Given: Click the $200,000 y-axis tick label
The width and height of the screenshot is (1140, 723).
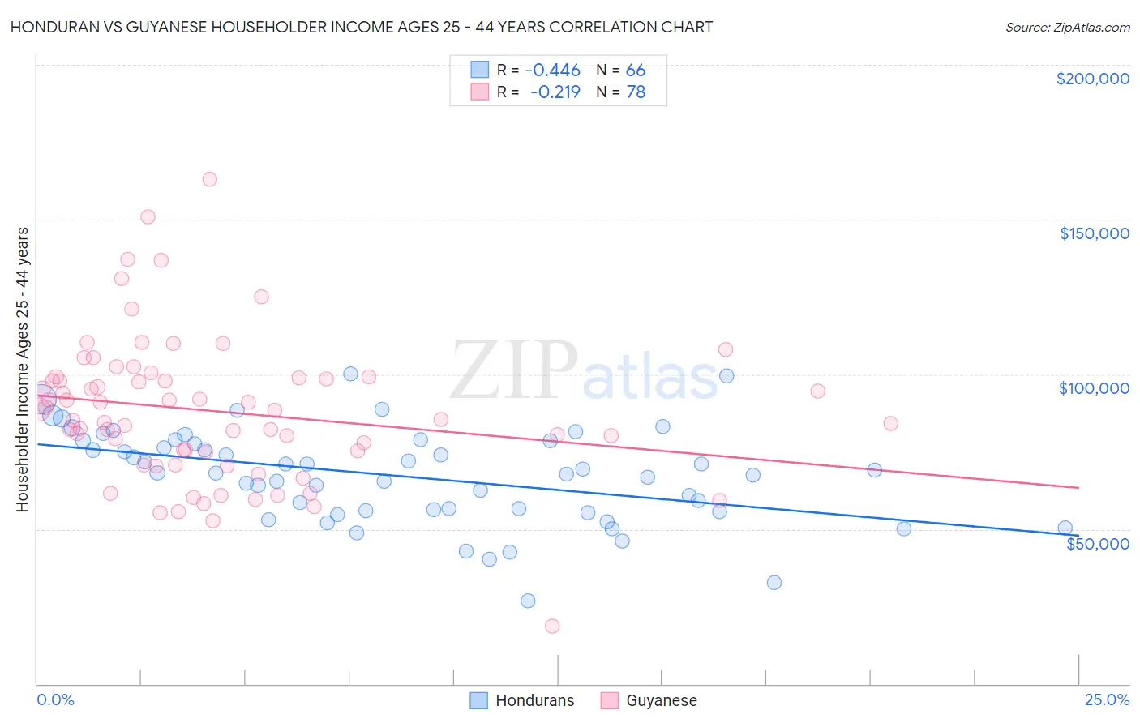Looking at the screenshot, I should [x=1092, y=79].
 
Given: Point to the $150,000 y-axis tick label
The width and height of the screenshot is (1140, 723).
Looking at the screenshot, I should [x=1094, y=233].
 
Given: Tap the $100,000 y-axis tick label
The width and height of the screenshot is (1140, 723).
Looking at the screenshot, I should [x=1094, y=388].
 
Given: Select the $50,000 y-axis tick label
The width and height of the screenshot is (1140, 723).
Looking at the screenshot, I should [x=1097, y=543].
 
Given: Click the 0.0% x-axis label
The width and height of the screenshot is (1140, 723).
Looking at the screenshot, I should [x=56, y=699].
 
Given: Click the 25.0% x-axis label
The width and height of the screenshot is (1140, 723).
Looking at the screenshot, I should [x=1107, y=699].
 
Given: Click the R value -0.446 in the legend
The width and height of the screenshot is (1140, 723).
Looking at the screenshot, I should [x=553, y=71].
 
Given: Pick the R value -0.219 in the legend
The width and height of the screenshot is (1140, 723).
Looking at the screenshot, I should [x=555, y=92].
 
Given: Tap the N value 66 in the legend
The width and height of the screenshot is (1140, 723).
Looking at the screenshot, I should [x=636, y=71].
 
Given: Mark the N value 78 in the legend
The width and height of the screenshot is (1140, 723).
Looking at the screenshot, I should [x=636, y=92].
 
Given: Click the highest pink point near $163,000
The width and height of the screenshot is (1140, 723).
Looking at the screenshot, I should [x=209, y=179].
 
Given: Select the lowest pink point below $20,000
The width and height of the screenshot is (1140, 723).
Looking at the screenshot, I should [x=552, y=626].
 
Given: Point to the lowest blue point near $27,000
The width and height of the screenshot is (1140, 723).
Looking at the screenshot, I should [x=528, y=601].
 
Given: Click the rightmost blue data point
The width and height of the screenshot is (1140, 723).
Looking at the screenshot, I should [x=1065, y=528].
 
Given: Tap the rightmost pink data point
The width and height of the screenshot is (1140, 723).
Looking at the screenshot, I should [x=890, y=423].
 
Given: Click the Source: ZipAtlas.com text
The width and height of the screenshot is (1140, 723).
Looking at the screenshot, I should [x=1067, y=27].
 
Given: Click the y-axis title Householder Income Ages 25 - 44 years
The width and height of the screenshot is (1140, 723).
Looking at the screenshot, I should [x=23, y=370].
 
